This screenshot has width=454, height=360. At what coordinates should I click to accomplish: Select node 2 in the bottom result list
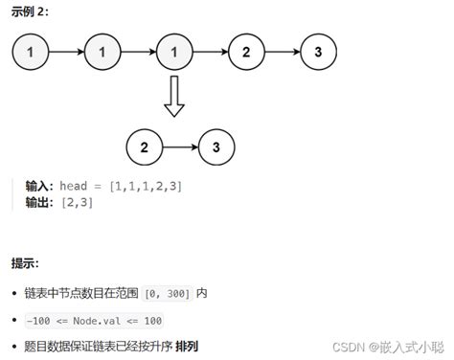[x=144, y=146]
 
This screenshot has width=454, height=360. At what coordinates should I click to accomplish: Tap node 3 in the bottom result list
[x=216, y=146]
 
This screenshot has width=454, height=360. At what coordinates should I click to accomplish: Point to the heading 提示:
[x=26, y=263]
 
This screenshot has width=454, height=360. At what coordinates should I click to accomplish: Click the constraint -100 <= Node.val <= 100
[x=93, y=320]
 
